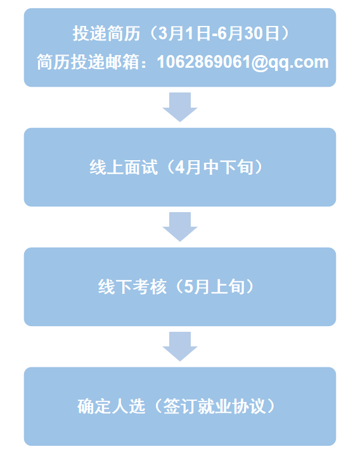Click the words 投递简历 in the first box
pyautogui.click(x=106, y=33)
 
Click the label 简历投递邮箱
pyautogui.click(x=87, y=62)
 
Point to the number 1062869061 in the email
pyautogui.click(x=203, y=62)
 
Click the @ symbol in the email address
pyautogui.click(x=259, y=63)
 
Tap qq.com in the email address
pyautogui.click(x=298, y=63)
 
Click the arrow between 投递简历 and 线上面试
pyautogui.click(x=180, y=107)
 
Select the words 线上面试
pyautogui.click(x=124, y=167)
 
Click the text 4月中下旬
pyautogui.click(x=214, y=167)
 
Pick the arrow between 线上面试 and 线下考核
pyautogui.click(x=180, y=227)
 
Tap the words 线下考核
pyautogui.click(x=132, y=287)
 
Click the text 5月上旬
pyautogui.click(x=214, y=287)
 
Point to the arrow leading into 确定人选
pyautogui.click(x=180, y=346)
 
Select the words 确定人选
pyautogui.click(x=112, y=407)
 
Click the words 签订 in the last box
pyautogui.click(x=180, y=407)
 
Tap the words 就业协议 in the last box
pyautogui.click(x=232, y=407)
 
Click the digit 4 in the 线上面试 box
pyautogui.click(x=180, y=167)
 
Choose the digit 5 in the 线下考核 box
pyautogui.click(x=188, y=287)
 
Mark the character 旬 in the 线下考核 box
pyautogui.click(x=236, y=287)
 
